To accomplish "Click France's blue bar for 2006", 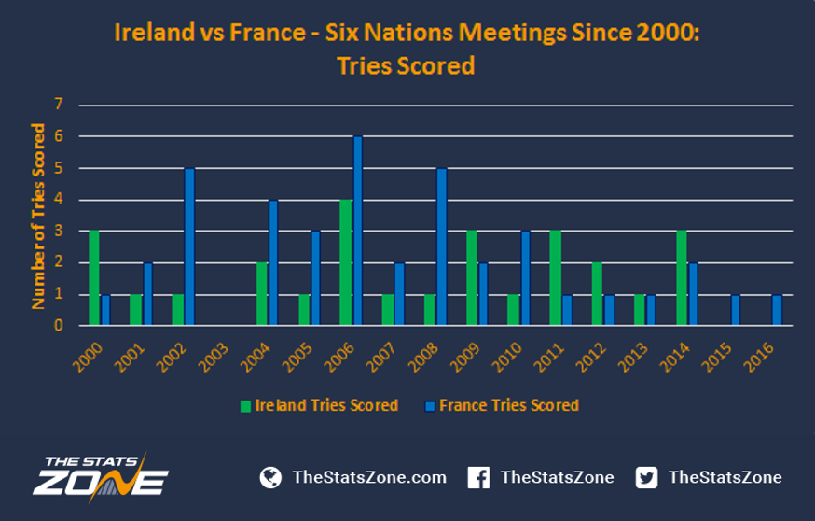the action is coord(357,231).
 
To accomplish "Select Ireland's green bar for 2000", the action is coord(94,278).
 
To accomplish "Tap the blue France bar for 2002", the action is coord(189,246).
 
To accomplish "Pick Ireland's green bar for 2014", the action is coord(682,278).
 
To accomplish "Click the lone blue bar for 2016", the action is coord(777,310).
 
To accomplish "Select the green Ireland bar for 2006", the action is coord(346,263).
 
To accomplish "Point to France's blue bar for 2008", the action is coord(442,246).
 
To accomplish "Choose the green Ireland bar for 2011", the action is coord(555,278).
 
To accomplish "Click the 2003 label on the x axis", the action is coord(214,359).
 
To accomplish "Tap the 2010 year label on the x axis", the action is coord(506,359).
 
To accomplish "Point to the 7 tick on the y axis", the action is coord(58,104).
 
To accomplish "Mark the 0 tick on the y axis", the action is coord(58,326).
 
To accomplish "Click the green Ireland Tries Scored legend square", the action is coord(245,406).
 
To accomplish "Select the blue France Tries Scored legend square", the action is coord(430,406).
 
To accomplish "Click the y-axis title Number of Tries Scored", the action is coord(38,217).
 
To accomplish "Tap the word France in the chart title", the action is coord(268,33).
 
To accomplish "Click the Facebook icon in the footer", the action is coord(478,477).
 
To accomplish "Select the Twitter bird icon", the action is coord(646,477).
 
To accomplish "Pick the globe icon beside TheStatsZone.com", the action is coord(270,477).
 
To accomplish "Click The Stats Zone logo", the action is coord(101,477).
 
